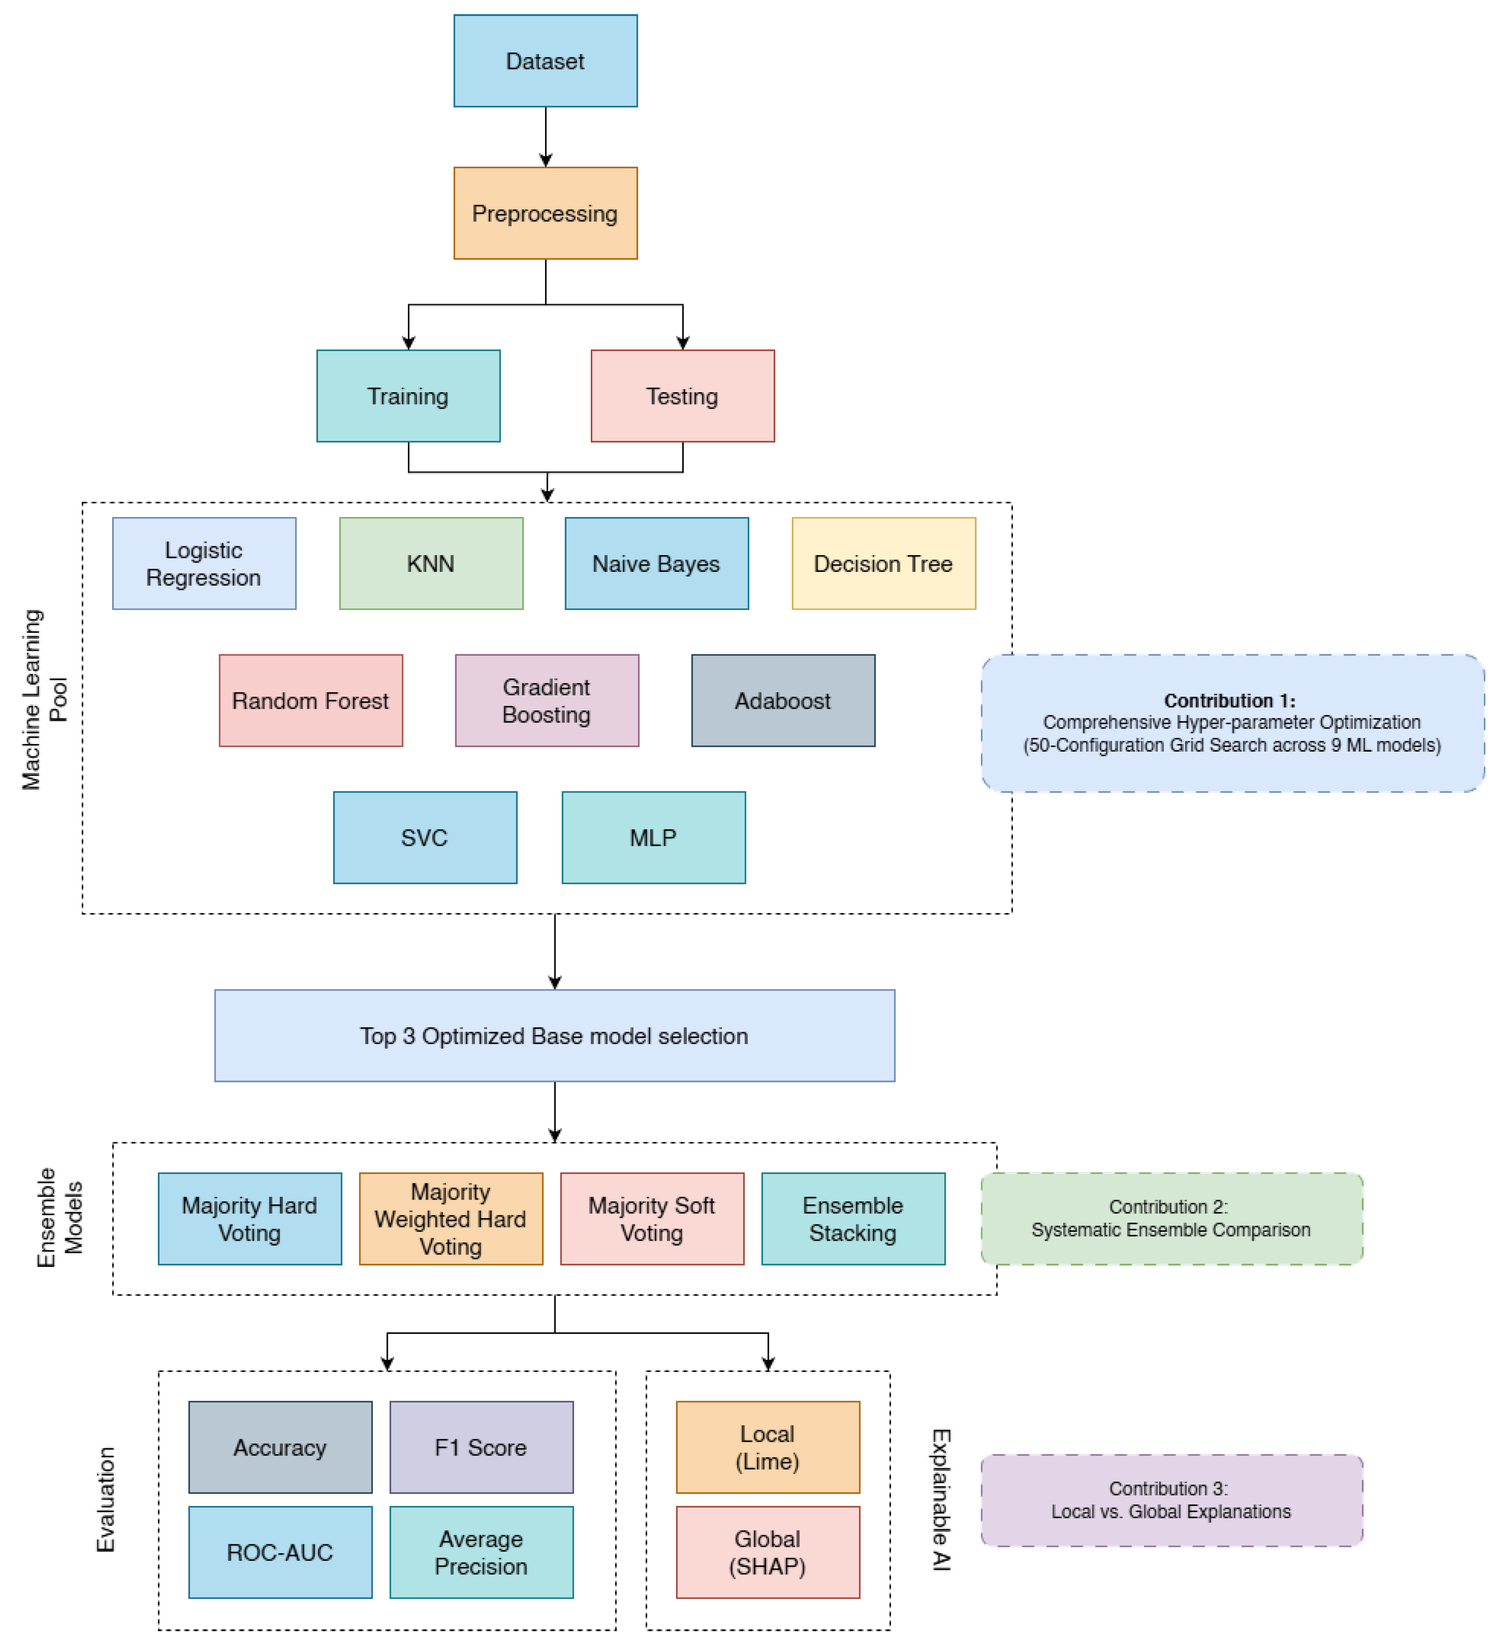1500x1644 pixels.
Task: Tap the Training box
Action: pyautogui.click(x=408, y=396)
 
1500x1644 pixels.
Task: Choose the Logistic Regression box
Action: pyautogui.click(x=204, y=563)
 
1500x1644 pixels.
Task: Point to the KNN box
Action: pyautogui.click(x=430, y=563)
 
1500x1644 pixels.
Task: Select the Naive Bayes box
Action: pyautogui.click(x=657, y=563)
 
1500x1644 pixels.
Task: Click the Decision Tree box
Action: pyautogui.click(x=884, y=563)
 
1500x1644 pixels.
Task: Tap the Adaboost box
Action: pyautogui.click(x=783, y=701)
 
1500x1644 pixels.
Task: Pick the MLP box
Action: pyautogui.click(x=653, y=837)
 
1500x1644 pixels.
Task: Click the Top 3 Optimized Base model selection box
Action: pyautogui.click(x=554, y=1036)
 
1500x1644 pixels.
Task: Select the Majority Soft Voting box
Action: pyautogui.click(x=652, y=1219)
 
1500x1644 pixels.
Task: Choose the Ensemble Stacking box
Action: pyautogui.click(x=853, y=1219)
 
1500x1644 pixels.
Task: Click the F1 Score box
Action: pyautogui.click(x=481, y=1447)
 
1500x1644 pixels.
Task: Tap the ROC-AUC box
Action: pyautogui.click(x=280, y=1552)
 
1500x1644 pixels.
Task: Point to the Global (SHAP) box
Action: pyautogui.click(x=767, y=1552)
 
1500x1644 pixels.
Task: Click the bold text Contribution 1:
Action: pyautogui.click(x=1229, y=701)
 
